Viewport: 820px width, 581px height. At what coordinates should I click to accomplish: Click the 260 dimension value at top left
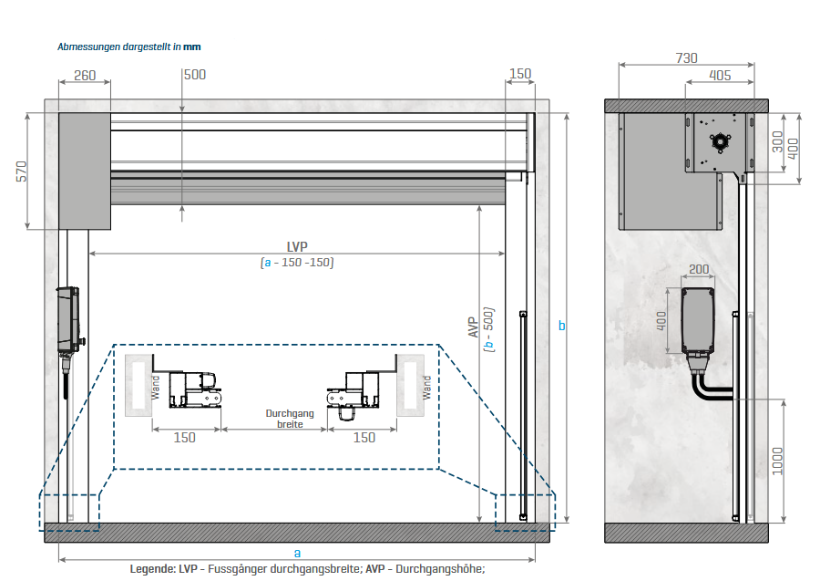click(85, 75)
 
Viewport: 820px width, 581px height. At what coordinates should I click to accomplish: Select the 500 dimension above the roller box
click(194, 75)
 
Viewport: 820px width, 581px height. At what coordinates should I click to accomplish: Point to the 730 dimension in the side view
click(686, 57)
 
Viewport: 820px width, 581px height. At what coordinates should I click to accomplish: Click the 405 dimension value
click(719, 75)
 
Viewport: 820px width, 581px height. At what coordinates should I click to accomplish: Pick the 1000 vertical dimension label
click(777, 461)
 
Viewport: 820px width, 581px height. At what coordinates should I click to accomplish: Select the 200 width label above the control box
click(699, 270)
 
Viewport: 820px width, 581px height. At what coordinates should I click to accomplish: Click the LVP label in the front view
click(297, 246)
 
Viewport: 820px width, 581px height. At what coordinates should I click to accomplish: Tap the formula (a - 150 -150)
click(297, 263)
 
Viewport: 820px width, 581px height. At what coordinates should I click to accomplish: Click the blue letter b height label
click(561, 326)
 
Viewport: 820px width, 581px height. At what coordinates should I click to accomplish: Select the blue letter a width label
click(297, 552)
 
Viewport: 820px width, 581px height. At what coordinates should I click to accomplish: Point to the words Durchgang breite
click(290, 419)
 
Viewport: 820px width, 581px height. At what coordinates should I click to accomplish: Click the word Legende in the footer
click(153, 568)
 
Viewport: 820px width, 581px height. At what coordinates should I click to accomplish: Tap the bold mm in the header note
click(191, 46)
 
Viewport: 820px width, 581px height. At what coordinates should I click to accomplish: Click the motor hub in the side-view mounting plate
click(721, 141)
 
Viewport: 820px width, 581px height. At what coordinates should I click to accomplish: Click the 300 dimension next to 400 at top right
click(777, 141)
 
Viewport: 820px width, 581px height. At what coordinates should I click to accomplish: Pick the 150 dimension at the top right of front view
click(520, 75)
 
